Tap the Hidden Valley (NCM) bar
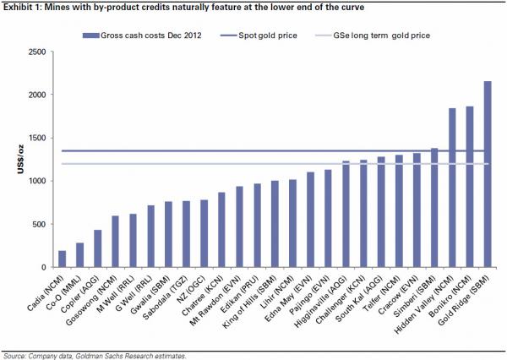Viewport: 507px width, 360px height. pyautogui.click(x=452, y=188)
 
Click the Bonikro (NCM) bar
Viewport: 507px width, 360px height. pyautogui.click(x=469, y=187)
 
